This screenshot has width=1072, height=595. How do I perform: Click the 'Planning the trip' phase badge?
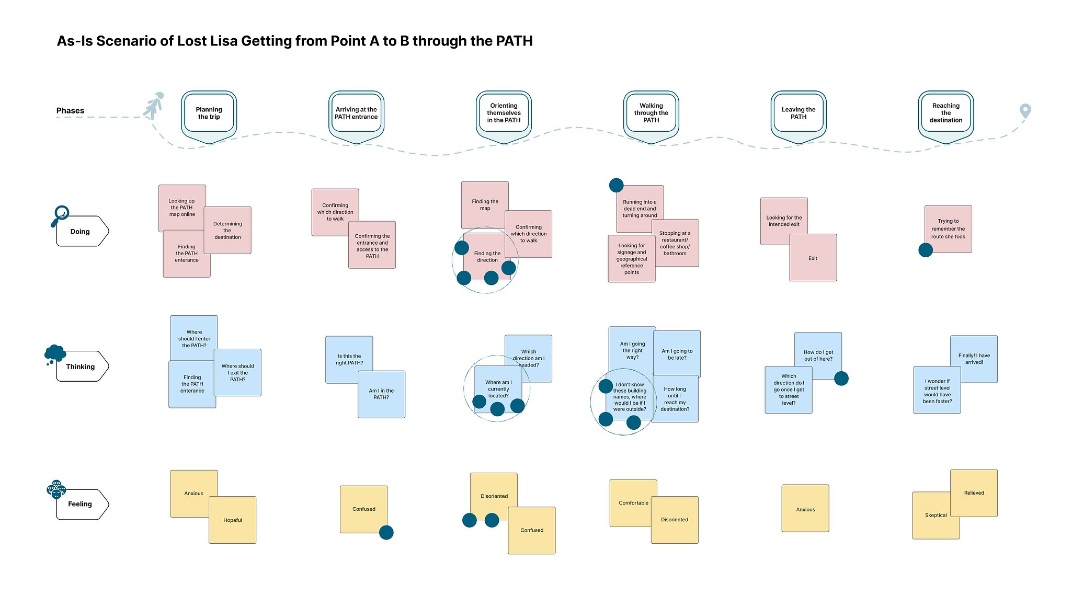[x=209, y=113]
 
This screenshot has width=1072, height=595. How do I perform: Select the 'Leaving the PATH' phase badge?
[x=798, y=113]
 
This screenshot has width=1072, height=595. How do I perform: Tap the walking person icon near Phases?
[x=154, y=106]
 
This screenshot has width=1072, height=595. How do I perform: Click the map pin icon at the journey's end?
[x=1025, y=110]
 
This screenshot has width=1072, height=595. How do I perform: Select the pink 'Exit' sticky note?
[x=813, y=258]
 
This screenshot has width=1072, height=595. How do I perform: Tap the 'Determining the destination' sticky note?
[x=228, y=231]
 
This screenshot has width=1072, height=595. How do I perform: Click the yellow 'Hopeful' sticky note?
[x=233, y=520]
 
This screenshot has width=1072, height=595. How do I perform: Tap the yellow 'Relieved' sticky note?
[x=974, y=493]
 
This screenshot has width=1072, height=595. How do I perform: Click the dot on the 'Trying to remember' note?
[x=925, y=250]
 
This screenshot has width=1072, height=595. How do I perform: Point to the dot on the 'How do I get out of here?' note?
[x=841, y=378]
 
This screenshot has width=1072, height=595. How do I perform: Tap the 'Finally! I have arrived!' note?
[x=974, y=358]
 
